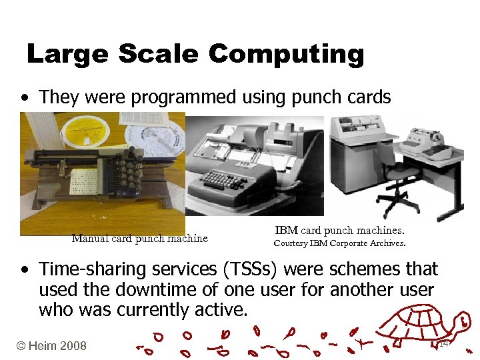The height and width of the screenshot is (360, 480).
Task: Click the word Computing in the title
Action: (x=286, y=54)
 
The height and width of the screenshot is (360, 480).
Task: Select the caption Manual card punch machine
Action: (x=139, y=239)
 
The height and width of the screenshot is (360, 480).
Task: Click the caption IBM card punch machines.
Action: (x=339, y=231)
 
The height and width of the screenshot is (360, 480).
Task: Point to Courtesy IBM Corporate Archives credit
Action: (x=339, y=243)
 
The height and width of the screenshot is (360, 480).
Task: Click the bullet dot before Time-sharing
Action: (x=25, y=270)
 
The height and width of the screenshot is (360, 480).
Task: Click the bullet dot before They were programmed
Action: (x=25, y=98)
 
